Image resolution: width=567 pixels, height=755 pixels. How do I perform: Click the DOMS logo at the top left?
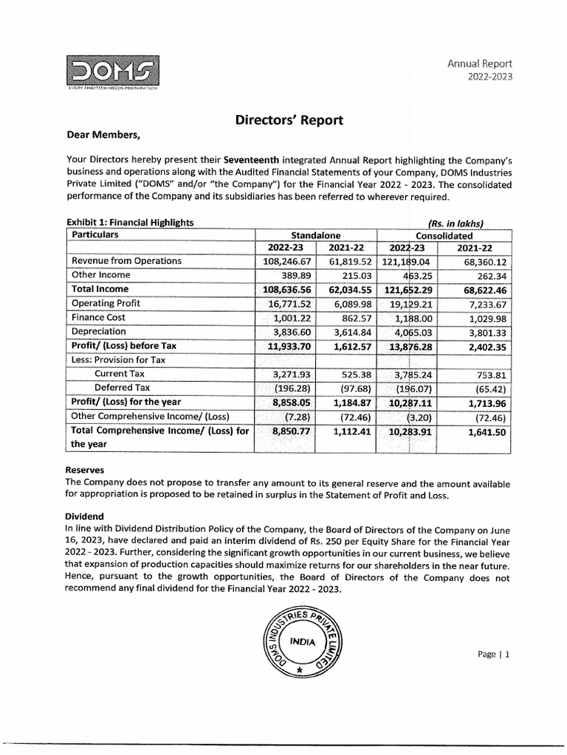pyautogui.click(x=112, y=72)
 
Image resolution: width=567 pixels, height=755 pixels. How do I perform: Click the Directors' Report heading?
pyautogui.click(x=289, y=120)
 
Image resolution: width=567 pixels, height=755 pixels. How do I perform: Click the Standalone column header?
pyautogui.click(x=315, y=235)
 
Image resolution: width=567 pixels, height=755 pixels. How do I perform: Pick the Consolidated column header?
pyautogui.click(x=445, y=235)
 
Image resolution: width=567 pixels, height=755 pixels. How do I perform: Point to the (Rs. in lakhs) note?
pyautogui.click(x=455, y=223)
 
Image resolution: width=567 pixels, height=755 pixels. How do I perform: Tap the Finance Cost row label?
pyautogui.click(x=100, y=317)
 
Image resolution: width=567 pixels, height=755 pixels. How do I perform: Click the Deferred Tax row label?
pyautogui.click(x=122, y=387)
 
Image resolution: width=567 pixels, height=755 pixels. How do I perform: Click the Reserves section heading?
pyautogui.click(x=85, y=470)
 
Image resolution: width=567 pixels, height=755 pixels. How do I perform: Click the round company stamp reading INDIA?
pyautogui.click(x=299, y=642)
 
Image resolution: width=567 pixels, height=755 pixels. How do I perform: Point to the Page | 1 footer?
pyautogui.click(x=494, y=654)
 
